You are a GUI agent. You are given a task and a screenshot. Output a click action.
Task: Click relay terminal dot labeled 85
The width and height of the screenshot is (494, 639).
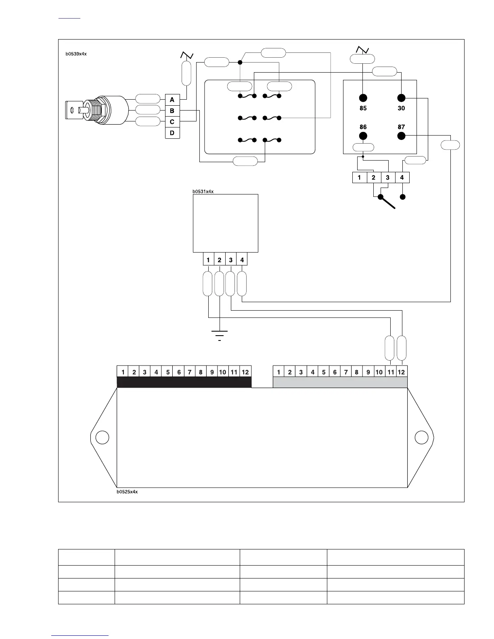tap(363, 98)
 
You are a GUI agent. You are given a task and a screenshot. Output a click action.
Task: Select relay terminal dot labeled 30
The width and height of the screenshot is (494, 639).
tap(401, 98)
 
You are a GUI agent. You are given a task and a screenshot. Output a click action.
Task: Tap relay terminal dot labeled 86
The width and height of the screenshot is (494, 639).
tap(363, 136)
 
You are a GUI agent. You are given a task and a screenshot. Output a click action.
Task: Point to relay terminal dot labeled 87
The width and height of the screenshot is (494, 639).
tap(401, 136)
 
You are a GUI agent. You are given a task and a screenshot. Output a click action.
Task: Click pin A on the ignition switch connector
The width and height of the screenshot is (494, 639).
tap(172, 100)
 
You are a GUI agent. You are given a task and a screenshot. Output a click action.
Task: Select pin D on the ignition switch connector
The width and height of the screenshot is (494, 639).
tap(172, 133)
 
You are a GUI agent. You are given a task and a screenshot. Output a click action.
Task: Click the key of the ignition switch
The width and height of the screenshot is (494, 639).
tap(75, 110)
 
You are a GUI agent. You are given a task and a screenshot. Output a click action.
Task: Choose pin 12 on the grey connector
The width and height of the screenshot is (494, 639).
tap(401, 372)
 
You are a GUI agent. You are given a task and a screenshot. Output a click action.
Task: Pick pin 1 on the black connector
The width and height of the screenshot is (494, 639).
tap(123, 372)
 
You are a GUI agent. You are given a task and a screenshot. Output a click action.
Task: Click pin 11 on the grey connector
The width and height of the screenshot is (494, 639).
tap(390, 372)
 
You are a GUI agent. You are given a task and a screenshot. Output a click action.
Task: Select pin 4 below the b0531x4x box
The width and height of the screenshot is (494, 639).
tap(242, 260)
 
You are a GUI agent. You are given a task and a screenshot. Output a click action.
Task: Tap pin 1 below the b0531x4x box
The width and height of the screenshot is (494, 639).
tap(208, 260)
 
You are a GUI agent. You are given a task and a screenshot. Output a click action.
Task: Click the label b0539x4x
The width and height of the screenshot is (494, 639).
tap(76, 54)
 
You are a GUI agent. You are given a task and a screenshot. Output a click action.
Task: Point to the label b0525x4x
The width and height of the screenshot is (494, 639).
tap(127, 492)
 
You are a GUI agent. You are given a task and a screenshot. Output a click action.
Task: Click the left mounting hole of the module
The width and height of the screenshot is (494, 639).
tap(103, 437)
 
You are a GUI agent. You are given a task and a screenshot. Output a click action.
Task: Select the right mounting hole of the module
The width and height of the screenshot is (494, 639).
tap(421, 437)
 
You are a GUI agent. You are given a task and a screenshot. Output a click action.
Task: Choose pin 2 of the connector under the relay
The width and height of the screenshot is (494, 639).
tap(374, 177)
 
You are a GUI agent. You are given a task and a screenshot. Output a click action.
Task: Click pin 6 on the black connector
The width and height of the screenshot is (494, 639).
tap(179, 372)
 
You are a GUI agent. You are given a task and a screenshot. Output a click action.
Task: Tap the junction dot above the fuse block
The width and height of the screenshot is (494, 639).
tap(240, 62)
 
